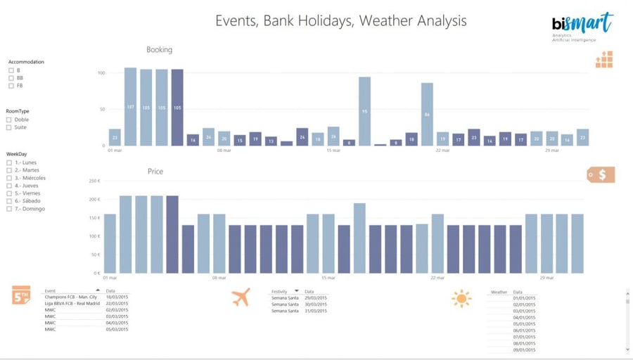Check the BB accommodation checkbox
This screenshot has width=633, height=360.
pos(11,78)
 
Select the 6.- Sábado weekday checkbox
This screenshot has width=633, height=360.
pos(9,201)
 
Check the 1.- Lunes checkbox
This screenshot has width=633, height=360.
pos(9,162)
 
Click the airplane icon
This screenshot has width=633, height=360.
pos(241,297)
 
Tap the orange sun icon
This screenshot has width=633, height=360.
pos(461,299)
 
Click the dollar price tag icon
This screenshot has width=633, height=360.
pos(601,174)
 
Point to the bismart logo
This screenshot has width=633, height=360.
pos(582,25)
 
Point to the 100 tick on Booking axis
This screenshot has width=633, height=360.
pos(101,72)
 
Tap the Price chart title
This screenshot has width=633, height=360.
pos(155,172)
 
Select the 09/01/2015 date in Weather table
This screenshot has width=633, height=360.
pos(524,350)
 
